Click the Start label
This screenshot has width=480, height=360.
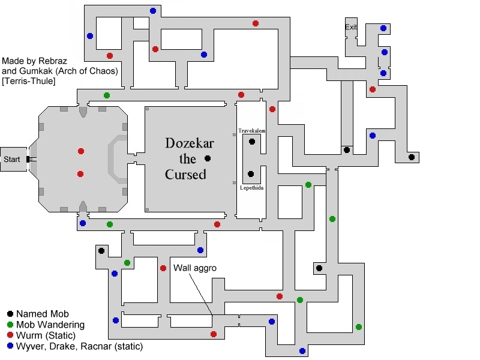click(11, 159)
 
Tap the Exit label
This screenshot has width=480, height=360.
click(351, 27)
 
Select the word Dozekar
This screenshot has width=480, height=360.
click(190, 143)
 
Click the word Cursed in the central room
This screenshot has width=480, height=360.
click(185, 175)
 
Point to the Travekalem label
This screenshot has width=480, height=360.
click(251, 131)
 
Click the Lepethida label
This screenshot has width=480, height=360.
click(251, 188)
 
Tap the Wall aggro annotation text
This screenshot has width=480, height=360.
click(194, 268)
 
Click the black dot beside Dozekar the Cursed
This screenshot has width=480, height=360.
click(208, 158)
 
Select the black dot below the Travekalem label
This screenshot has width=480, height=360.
click(252, 142)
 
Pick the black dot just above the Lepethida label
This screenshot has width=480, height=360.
click(251, 174)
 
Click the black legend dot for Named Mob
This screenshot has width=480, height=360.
click(10, 314)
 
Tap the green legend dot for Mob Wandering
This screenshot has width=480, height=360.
click(10, 325)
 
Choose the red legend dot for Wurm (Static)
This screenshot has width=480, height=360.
click(10, 335)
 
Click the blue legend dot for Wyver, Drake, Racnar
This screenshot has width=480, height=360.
click(10, 346)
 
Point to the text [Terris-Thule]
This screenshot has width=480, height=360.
click(28, 81)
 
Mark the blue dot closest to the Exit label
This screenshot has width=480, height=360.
click(383, 28)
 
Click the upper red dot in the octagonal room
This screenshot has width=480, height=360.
click(81, 151)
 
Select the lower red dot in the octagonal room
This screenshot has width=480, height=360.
click(80, 174)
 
